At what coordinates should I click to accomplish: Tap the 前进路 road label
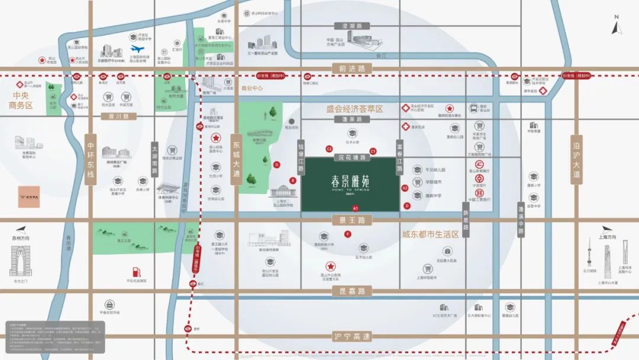coord(349,69)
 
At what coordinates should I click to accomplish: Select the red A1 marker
coord(356,208)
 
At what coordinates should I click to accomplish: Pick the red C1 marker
coord(373,151)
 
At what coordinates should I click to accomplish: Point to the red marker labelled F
coord(348,234)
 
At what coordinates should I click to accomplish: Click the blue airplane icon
coord(138,49)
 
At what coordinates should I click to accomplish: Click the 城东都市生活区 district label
coord(430,234)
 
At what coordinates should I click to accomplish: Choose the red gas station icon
coord(135,271)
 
